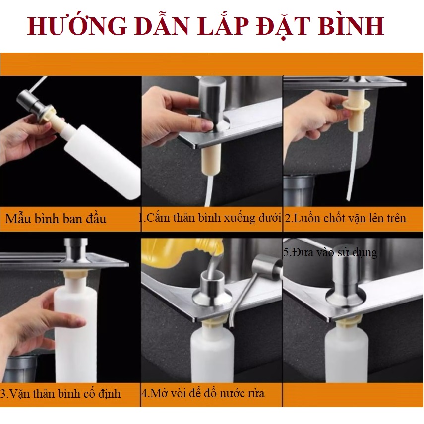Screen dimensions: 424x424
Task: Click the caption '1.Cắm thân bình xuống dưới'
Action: pos(210,218)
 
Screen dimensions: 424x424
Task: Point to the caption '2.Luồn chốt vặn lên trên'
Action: pos(346,218)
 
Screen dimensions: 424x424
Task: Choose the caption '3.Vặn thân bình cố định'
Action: pos(61,393)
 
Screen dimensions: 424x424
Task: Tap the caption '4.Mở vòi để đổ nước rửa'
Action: pos(203,393)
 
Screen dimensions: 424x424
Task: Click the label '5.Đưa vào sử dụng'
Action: pos(330,252)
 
